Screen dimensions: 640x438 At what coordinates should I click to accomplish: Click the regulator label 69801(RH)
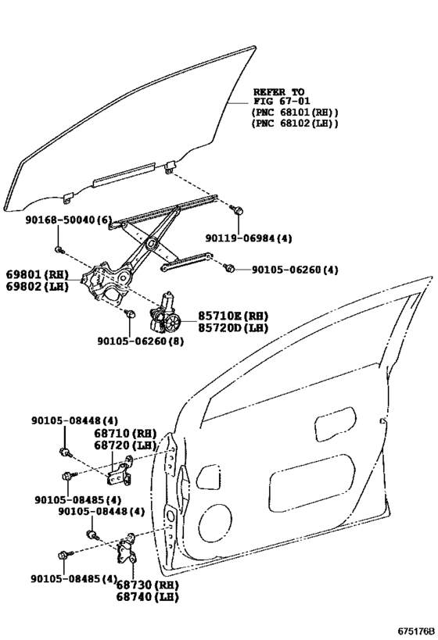point(34,275)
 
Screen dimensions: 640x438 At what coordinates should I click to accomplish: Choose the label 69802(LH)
point(34,288)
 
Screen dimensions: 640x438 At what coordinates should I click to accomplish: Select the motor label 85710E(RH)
point(232,315)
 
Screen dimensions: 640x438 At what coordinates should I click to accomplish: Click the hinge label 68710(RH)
point(126,433)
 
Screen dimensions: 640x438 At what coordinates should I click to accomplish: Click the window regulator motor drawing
point(166,314)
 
